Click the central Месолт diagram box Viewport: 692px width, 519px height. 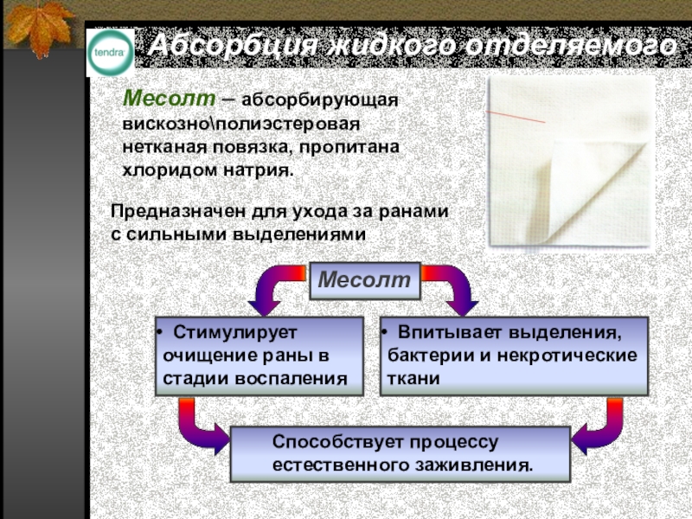[x=364, y=280]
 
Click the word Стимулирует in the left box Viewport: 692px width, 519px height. [x=235, y=333]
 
